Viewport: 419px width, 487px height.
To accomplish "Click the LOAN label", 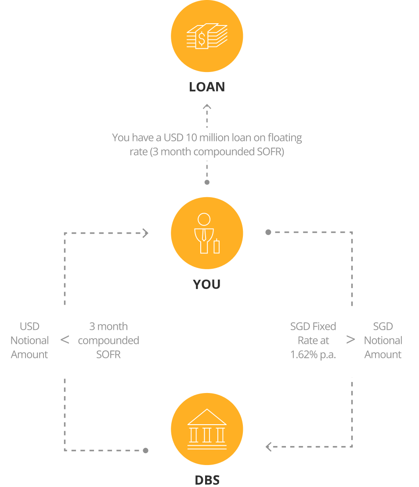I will [207, 87].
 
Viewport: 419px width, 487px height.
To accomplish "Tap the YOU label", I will [207, 285].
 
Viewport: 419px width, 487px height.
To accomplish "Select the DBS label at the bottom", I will [207, 480].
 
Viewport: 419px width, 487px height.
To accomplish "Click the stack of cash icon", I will [207, 36].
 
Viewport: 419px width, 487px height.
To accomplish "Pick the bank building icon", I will [207, 429].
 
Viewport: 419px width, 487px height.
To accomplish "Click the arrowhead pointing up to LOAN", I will [207, 106].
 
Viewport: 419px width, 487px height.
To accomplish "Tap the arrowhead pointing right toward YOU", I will [145, 233].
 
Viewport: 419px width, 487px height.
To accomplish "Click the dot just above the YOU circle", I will [207, 182].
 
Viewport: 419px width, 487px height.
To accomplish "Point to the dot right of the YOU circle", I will [268, 232].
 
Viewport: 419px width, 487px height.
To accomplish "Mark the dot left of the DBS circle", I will [146, 451].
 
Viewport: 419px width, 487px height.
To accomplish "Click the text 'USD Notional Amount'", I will [29, 340].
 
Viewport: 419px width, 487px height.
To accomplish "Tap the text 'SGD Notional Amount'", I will [383, 340].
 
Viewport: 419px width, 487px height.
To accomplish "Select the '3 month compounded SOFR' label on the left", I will [108, 340].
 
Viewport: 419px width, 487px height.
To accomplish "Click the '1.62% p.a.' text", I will [313, 354].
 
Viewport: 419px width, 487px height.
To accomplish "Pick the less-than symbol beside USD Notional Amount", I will [65, 340].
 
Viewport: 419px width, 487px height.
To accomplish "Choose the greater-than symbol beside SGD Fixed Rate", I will [350, 340].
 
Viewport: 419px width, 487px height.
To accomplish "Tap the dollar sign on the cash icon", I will [201, 39].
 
